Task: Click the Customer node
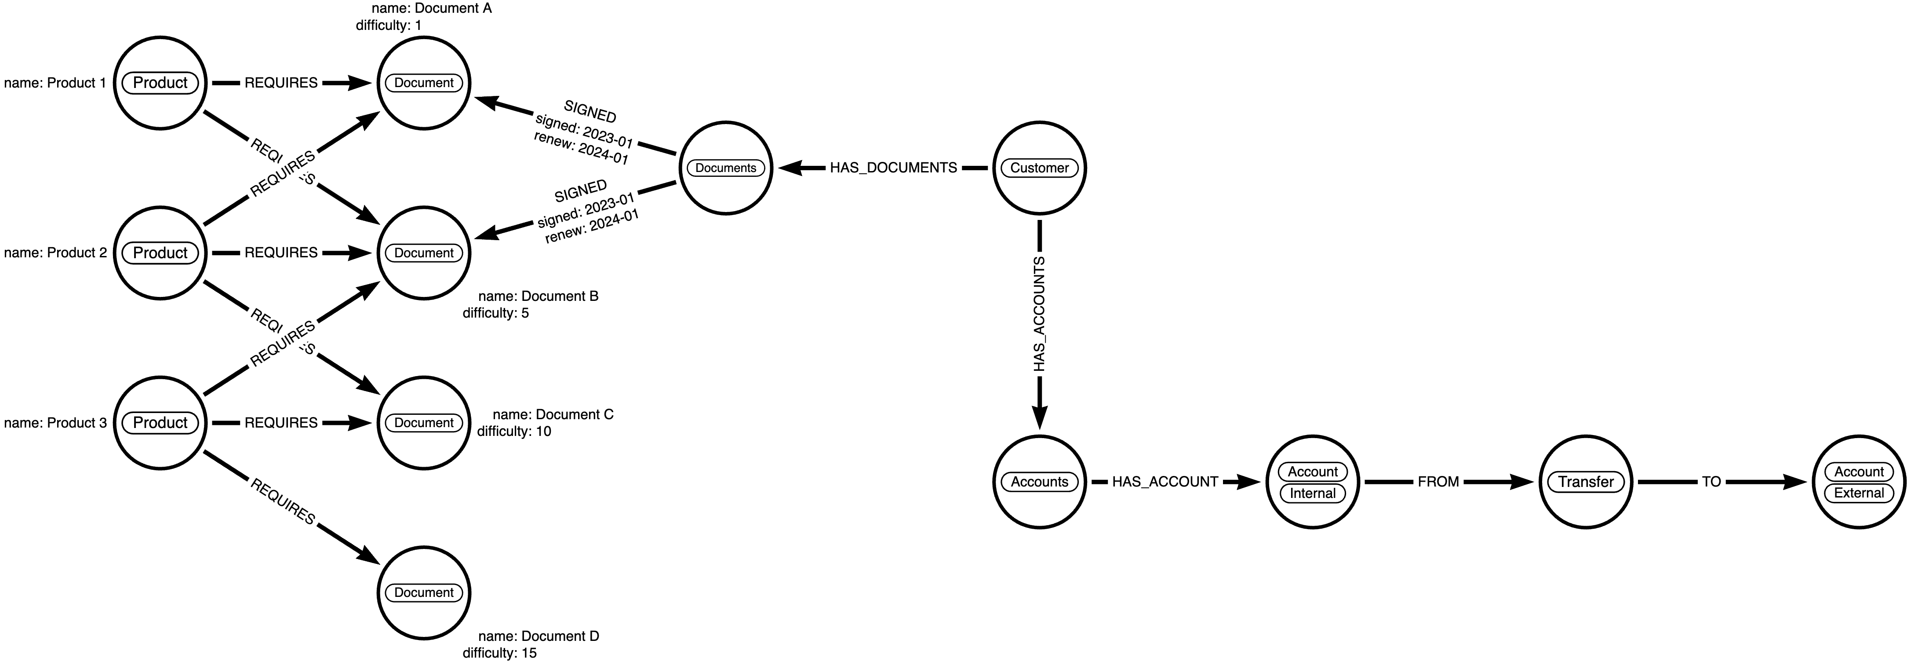(x=1039, y=168)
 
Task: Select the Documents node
(x=725, y=168)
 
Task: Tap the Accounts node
(x=1039, y=482)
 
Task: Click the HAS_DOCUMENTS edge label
(x=893, y=168)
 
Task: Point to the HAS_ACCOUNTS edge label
(x=1039, y=314)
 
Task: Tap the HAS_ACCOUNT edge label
(x=1165, y=482)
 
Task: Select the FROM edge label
(x=1438, y=482)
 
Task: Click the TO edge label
(x=1711, y=482)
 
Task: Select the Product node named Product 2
(x=160, y=252)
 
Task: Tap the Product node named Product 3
(x=160, y=423)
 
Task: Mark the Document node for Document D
(x=424, y=593)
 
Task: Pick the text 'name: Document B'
(x=538, y=296)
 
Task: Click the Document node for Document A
(x=424, y=83)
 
